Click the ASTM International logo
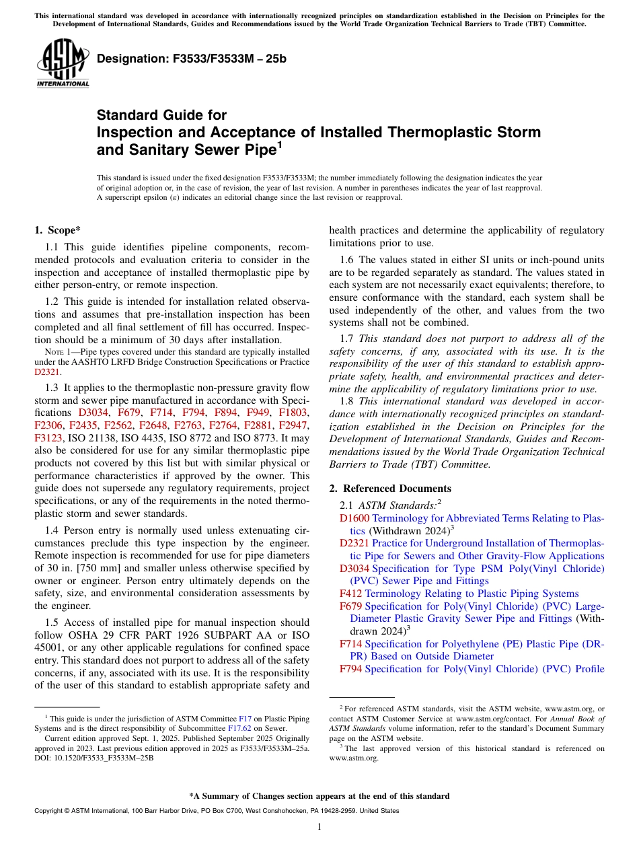pos(63,63)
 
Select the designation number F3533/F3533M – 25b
pos(192,59)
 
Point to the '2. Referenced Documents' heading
pos(390,489)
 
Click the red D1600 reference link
pos(354,518)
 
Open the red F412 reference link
pos(350,594)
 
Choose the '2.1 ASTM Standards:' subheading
pos(390,505)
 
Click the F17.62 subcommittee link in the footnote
pos(239,727)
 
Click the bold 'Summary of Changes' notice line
pos(319,796)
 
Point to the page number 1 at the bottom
pos(319,826)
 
